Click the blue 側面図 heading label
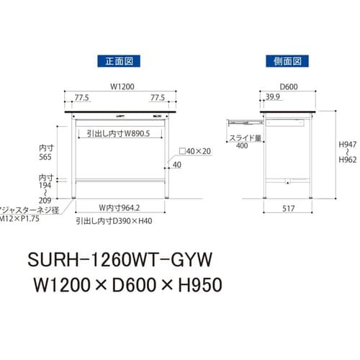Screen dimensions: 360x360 (287, 61)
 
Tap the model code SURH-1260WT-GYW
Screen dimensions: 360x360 (117, 258)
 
